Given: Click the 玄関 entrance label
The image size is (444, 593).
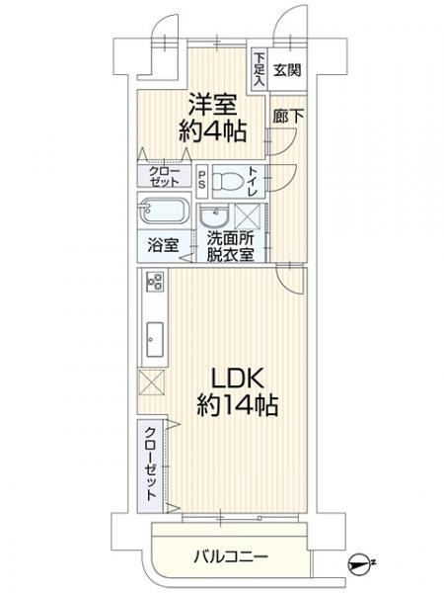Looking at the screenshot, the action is tap(287, 70).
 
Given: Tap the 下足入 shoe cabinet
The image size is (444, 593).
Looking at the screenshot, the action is tap(259, 69).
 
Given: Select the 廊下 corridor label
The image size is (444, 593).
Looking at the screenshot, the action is tap(288, 116).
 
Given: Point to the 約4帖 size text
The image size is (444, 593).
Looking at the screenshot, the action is tap(212, 131).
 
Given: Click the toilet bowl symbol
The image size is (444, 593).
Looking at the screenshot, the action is tap(227, 182).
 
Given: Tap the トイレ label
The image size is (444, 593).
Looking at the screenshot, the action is tap(253, 181).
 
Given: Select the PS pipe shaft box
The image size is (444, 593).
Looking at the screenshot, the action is tap(202, 181).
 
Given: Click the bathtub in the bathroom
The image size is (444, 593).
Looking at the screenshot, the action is tap(164, 212).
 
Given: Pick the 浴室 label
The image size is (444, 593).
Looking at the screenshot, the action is tap(163, 246).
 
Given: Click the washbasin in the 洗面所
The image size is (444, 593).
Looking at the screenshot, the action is tap(214, 216).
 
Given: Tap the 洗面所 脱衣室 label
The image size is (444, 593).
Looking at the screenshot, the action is tap(230, 246).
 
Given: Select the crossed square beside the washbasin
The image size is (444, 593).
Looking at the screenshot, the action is tap(248, 216).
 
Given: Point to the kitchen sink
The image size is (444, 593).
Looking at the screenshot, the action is tap(155, 339).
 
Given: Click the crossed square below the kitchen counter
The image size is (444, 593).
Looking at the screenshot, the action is tap(151, 382).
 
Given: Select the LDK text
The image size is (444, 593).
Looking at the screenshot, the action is tap(237, 378).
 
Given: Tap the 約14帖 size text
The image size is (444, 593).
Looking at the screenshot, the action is tap(238, 405).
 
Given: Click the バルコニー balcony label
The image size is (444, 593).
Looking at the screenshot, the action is tap(231, 556).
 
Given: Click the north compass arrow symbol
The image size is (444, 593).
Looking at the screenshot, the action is tap(359, 564).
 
